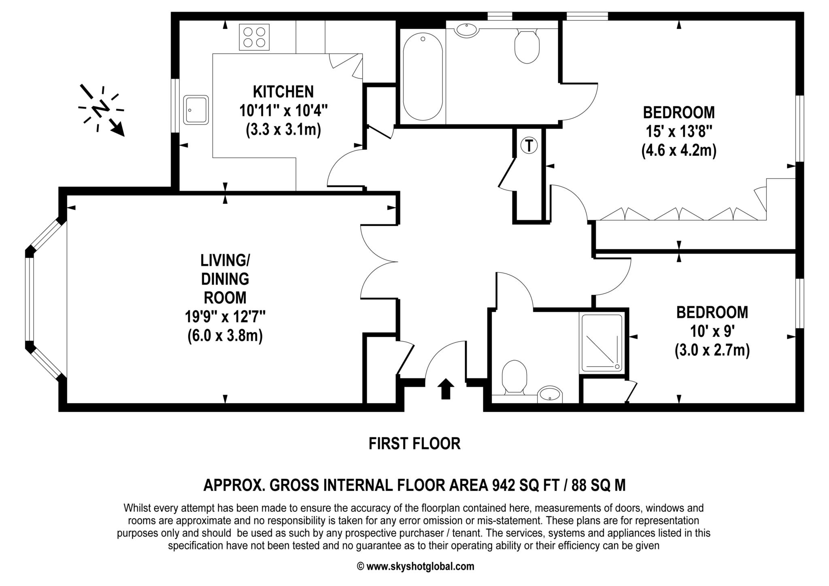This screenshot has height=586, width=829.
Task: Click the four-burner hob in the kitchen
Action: (x=254, y=37)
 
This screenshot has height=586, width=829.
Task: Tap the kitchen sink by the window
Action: (x=196, y=110)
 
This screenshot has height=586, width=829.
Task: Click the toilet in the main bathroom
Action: (x=527, y=46)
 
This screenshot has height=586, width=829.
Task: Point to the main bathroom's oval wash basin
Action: (x=467, y=30)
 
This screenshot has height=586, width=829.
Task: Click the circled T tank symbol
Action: (x=529, y=145)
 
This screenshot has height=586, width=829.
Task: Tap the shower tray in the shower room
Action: (x=602, y=343)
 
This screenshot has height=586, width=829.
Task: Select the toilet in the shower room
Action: (x=514, y=376)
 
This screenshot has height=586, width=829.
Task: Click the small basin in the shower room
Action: (x=550, y=394)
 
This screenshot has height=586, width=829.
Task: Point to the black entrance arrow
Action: (x=445, y=389)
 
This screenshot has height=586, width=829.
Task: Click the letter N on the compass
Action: (x=101, y=108)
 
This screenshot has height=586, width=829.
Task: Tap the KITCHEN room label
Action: (x=283, y=92)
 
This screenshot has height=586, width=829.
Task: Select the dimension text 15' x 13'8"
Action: (x=679, y=132)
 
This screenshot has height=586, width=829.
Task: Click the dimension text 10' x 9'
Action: (x=712, y=332)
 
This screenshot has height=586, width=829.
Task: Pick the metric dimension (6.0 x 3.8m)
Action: (x=225, y=336)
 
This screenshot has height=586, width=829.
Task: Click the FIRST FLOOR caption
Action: (x=414, y=444)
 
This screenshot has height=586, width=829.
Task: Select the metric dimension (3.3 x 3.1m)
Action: (x=283, y=130)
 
